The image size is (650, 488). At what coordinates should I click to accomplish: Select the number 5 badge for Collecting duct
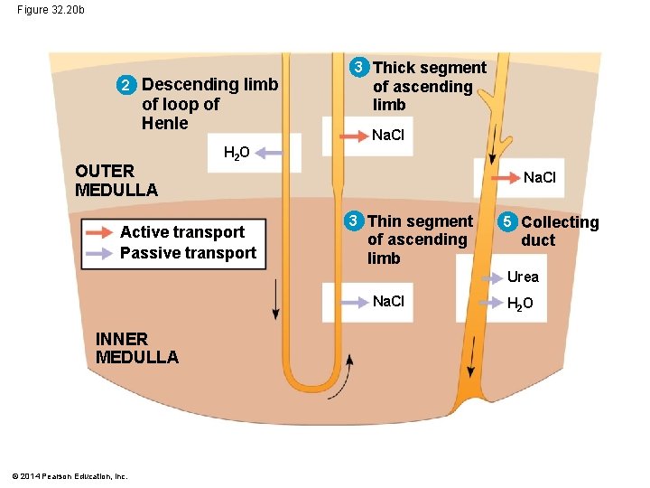(x=508, y=222)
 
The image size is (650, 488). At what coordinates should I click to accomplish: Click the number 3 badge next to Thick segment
(x=359, y=68)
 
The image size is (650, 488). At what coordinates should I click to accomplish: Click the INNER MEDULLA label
(x=136, y=348)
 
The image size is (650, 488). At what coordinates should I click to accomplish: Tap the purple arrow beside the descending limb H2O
(x=268, y=155)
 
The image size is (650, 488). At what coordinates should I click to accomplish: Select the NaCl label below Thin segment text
(x=388, y=301)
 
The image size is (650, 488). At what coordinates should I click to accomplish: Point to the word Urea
(x=522, y=277)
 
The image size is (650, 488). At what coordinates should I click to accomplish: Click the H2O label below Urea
(x=520, y=304)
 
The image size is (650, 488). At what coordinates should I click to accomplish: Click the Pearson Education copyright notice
(x=70, y=475)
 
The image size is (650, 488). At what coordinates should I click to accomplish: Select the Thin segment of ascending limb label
(x=419, y=239)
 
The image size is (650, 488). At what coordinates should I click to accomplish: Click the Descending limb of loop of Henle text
(x=209, y=104)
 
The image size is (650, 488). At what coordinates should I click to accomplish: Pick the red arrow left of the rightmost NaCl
(x=499, y=177)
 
